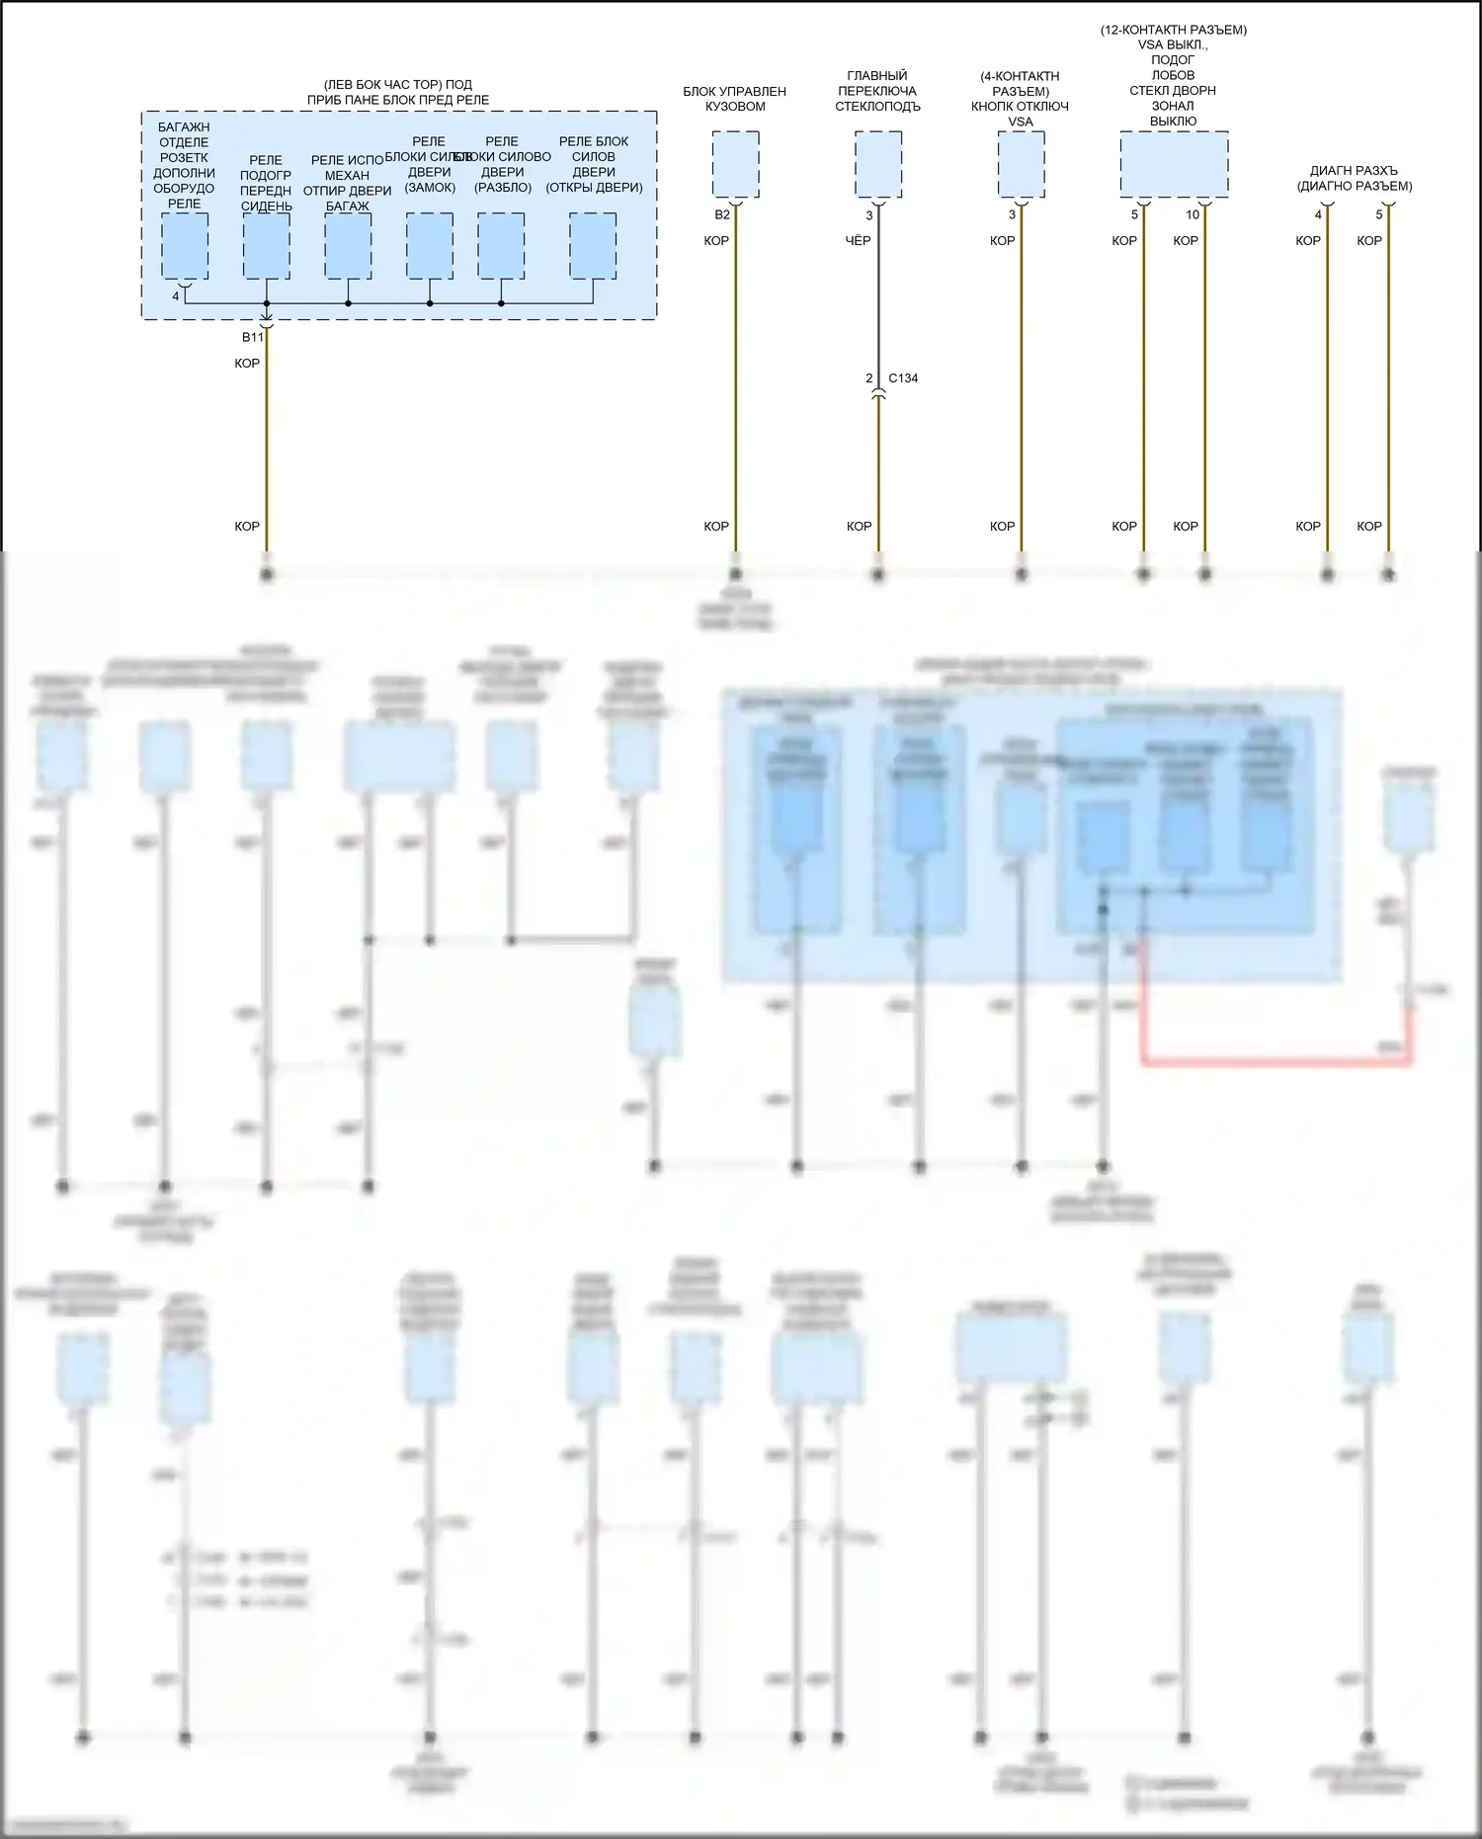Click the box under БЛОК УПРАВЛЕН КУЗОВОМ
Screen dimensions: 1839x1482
[735, 165]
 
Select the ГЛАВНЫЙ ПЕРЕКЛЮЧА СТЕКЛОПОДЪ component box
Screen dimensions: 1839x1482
[877, 165]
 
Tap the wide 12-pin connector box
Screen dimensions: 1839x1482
[1174, 164]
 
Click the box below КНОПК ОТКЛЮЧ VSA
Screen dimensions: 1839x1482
[1021, 165]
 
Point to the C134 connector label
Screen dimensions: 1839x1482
[903, 378]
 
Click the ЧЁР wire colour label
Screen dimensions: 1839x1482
[858, 241]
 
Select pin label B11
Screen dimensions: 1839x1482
[253, 338]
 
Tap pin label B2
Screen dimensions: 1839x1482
[722, 215]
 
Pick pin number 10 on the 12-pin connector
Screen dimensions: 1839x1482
[1193, 215]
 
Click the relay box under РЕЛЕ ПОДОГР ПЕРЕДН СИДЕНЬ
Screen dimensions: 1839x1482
[266, 246]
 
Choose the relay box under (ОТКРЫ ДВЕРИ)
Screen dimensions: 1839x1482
[593, 246]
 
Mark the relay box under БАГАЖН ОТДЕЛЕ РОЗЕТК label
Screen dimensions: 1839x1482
[185, 246]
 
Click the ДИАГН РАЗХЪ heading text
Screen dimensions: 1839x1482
[1354, 171]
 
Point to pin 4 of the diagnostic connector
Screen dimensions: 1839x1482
[1318, 215]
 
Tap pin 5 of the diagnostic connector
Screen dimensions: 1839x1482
[1379, 215]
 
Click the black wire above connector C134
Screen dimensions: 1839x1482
[878, 306]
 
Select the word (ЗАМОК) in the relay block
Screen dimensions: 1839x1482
[430, 188]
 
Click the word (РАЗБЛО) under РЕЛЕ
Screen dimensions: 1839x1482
[503, 188]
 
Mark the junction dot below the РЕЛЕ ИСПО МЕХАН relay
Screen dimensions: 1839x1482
[348, 303]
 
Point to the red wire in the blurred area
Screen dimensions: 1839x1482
[1275, 1061]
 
